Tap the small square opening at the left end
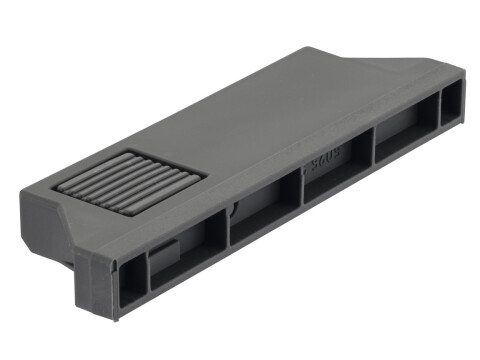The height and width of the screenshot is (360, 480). (x=131, y=279)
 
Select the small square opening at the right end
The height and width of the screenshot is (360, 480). (x=451, y=103)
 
